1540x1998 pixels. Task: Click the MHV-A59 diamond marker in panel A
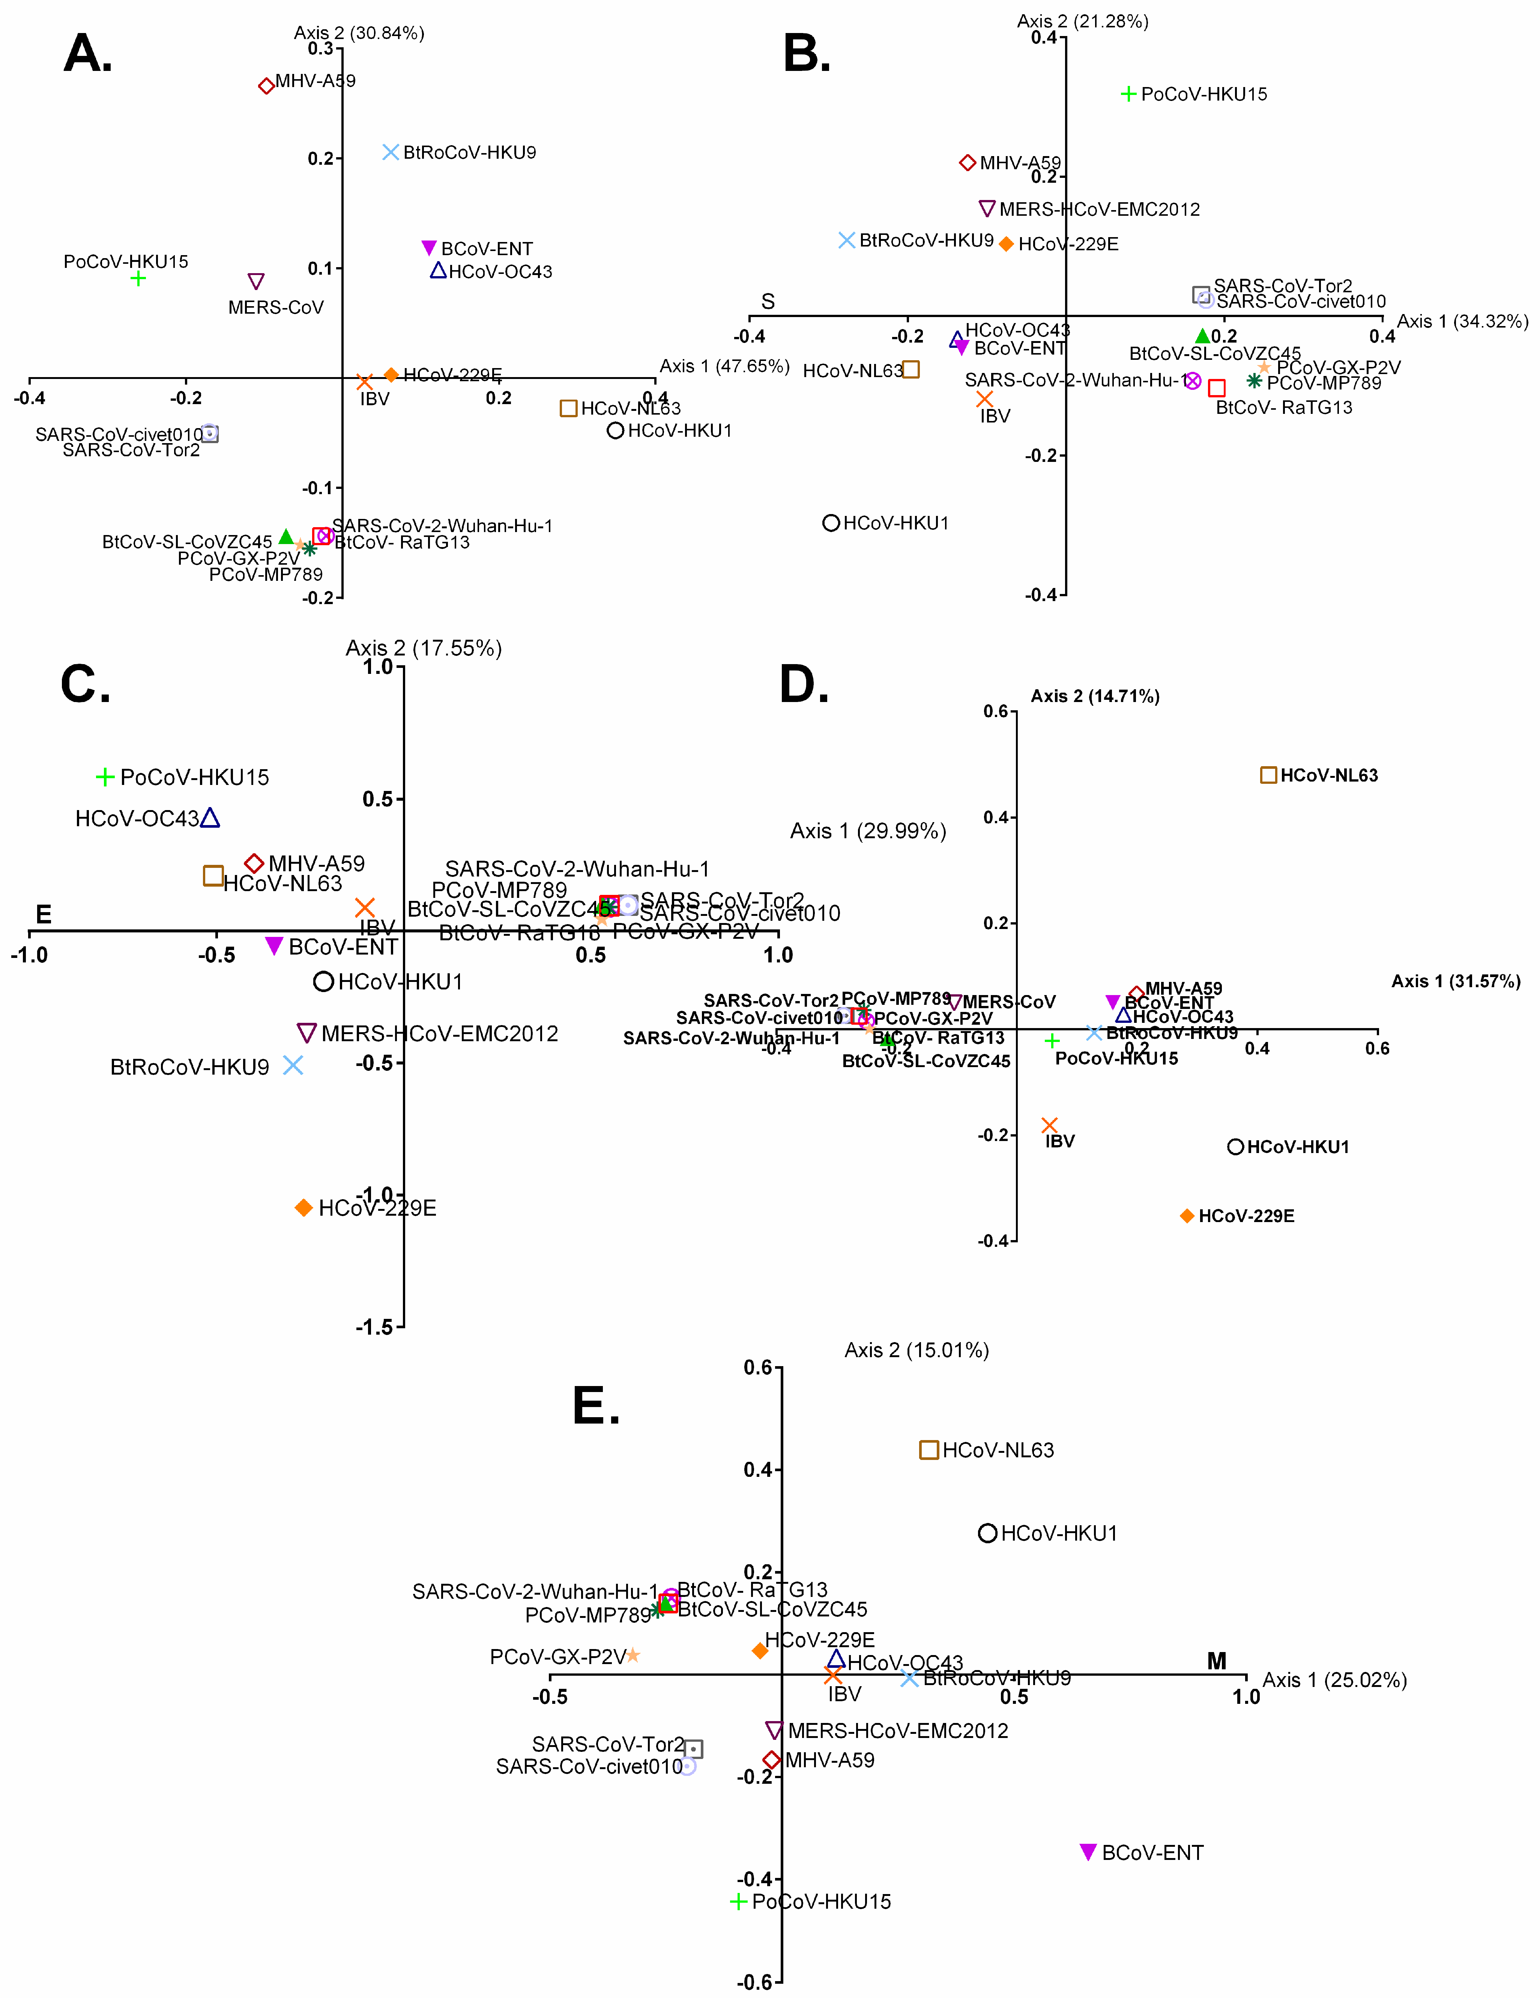[266, 86]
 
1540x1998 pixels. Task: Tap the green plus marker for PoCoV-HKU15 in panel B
[1128, 94]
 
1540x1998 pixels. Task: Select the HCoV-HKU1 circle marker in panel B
[830, 523]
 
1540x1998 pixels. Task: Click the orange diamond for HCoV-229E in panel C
[303, 1207]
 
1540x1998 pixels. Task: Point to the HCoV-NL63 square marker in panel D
[1268, 775]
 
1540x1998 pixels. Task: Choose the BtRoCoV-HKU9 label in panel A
[469, 153]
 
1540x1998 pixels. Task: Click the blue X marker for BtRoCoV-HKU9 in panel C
[293, 1065]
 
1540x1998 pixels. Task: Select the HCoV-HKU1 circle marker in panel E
[987, 1533]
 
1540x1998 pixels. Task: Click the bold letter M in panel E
[1216, 1660]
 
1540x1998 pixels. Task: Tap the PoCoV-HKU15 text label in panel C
[195, 777]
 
